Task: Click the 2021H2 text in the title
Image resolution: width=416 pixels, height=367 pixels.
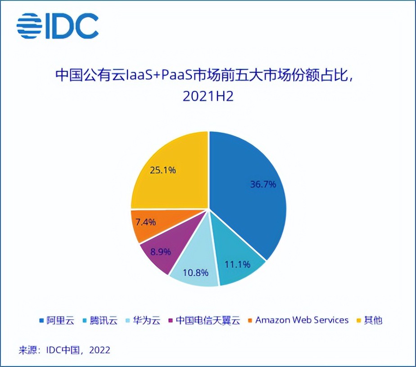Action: tap(208, 97)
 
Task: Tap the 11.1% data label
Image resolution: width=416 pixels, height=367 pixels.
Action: tap(237, 264)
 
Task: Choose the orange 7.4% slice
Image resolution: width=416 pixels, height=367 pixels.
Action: tap(146, 222)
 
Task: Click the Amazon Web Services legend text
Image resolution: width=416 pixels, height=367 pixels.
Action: tap(302, 320)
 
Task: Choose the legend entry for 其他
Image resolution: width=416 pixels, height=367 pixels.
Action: tap(373, 321)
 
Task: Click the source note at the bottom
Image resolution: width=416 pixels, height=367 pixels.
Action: tap(64, 349)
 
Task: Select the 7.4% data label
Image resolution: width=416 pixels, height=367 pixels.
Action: tap(146, 222)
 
